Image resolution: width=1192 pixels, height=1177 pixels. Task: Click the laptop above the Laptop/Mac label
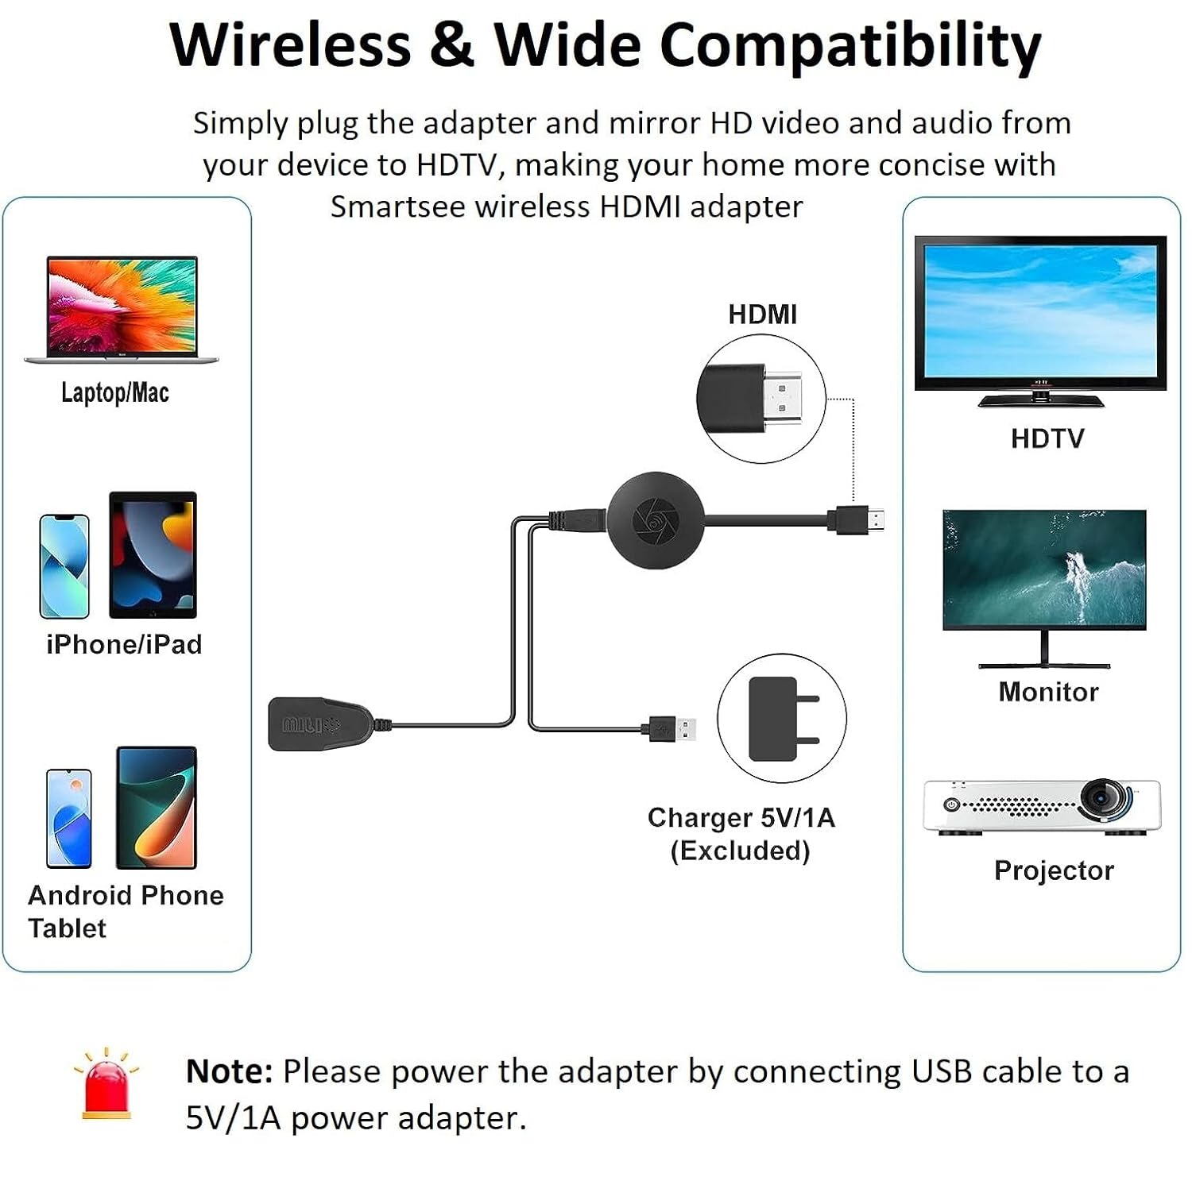pos(122,309)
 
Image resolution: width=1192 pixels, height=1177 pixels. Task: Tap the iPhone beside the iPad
pos(64,566)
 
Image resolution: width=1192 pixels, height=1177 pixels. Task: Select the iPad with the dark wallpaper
pos(153,554)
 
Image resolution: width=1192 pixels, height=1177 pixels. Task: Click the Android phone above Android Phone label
pos(69,818)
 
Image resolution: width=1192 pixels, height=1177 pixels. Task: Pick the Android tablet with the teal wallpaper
pos(157,807)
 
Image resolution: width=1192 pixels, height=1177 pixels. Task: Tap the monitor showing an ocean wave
pos(1044,569)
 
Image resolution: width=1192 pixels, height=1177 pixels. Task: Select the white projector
pos(1041,807)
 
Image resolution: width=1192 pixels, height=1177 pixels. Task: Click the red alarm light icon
pos(106,1085)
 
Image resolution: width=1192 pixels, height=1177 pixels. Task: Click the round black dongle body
pos(656,520)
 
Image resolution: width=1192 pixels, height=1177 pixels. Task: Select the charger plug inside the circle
pos(781,719)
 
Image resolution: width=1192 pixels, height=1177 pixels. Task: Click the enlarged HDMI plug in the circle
pos(760,399)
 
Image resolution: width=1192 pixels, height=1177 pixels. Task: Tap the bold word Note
pos(229,1071)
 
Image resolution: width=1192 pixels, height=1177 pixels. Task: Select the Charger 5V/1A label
pos(741,817)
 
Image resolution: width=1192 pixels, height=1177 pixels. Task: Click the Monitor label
pos(1048,692)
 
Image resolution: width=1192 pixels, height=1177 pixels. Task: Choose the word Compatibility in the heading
pos(849,46)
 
